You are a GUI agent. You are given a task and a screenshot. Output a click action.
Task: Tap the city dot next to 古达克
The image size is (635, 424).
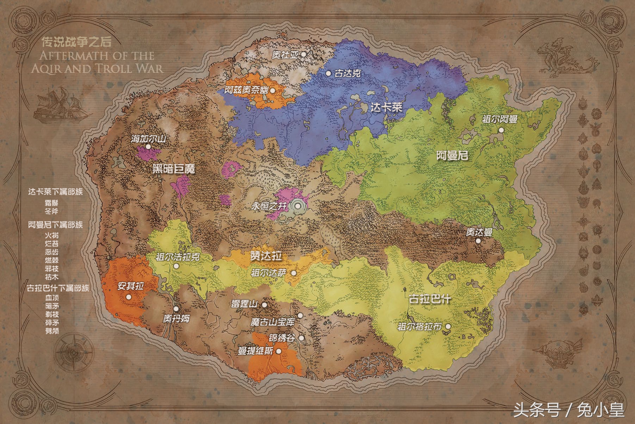pyautogui.click(x=328, y=74)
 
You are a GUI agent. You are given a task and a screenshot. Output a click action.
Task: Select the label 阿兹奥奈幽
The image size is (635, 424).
pyautogui.click(x=247, y=91)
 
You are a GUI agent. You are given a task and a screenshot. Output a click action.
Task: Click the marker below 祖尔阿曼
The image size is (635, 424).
pyautogui.click(x=501, y=130)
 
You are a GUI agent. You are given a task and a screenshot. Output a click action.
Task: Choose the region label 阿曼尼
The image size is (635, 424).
pyautogui.click(x=453, y=155)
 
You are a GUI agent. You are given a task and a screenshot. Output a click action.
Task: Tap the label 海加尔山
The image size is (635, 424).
pyautogui.click(x=148, y=139)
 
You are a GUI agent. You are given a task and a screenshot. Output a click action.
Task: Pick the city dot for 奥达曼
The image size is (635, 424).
pyautogui.click(x=478, y=241)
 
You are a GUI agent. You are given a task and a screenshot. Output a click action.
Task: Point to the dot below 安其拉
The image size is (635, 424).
pyautogui.click(x=129, y=297)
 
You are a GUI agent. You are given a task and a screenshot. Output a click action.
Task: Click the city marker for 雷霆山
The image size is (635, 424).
pyautogui.click(x=264, y=305)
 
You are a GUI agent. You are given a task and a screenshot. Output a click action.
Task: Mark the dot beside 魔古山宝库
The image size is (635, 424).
pyautogui.click(x=300, y=316)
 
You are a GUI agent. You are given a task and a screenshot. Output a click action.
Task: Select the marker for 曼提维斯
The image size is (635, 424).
pyautogui.click(x=279, y=351)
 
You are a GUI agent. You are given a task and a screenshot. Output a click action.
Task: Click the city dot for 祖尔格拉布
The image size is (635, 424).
pyautogui.click(x=448, y=326)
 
